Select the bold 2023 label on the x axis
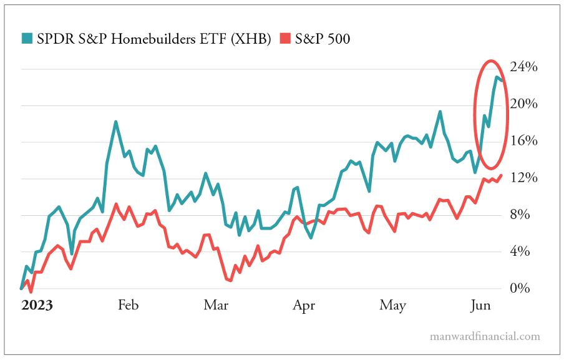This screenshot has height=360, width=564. point(37,305)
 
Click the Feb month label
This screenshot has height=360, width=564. point(128,305)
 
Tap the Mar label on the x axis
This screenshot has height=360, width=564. point(216,305)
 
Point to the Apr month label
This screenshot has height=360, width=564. point(304,305)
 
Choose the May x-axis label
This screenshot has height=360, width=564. point(392,305)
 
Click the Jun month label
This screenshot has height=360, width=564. point(480,305)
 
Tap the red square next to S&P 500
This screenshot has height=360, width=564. point(284,39)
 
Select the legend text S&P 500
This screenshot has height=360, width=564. point(323,39)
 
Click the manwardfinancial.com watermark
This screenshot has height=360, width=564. point(485,336)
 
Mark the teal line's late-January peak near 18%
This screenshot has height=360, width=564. point(116,122)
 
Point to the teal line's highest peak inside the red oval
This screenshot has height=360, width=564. point(497,77)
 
